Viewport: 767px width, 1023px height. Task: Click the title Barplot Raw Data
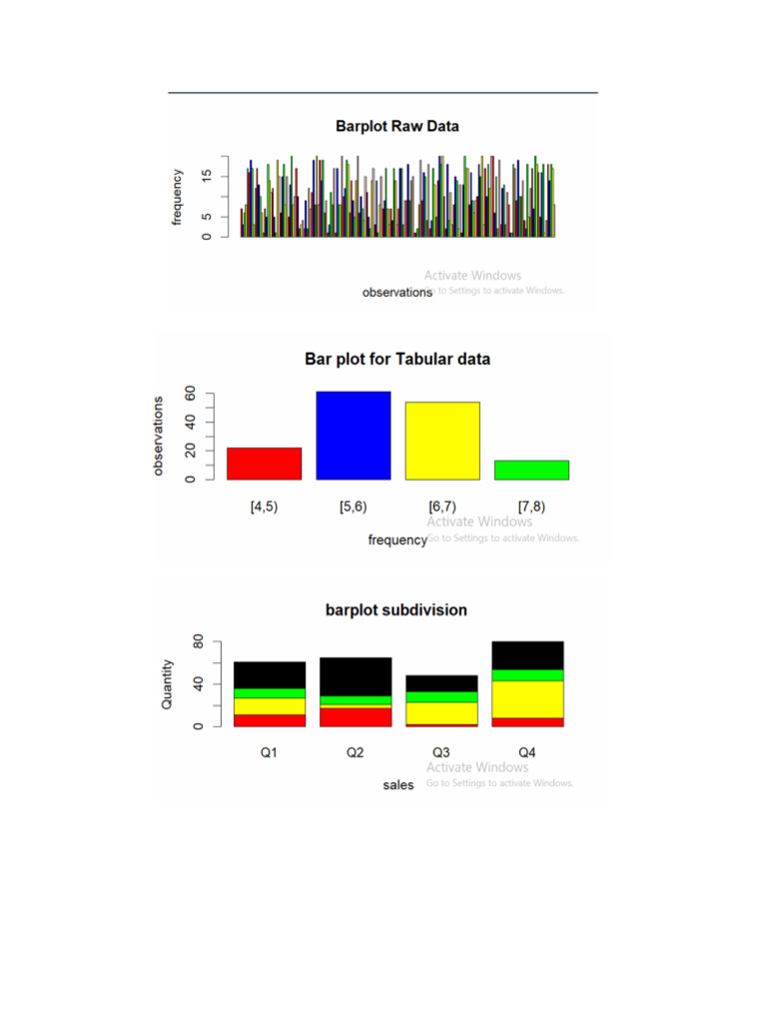(x=396, y=127)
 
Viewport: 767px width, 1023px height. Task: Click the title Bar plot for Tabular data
(x=396, y=359)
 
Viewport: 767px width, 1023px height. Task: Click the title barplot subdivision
(x=395, y=609)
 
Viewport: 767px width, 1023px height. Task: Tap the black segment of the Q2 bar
(x=356, y=676)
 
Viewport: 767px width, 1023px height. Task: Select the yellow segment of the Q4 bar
(x=527, y=699)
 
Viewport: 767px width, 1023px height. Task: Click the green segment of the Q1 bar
(x=270, y=693)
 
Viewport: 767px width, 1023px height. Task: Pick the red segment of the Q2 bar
(x=356, y=716)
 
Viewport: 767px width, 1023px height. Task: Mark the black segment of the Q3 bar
(x=441, y=683)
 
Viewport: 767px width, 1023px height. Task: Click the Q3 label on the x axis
(x=441, y=752)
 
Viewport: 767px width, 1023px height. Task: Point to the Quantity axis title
(x=168, y=684)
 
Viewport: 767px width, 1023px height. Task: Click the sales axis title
(x=398, y=785)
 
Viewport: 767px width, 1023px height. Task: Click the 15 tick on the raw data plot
(x=206, y=176)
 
